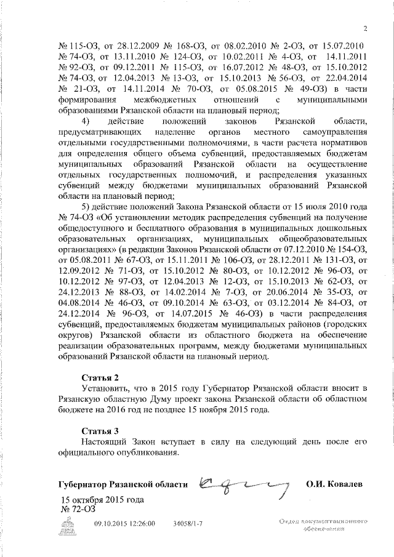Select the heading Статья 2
pyautogui.click(x=100, y=376)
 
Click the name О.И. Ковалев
pyautogui.click(x=334, y=484)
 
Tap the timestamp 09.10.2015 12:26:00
pyautogui.click(x=124, y=523)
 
